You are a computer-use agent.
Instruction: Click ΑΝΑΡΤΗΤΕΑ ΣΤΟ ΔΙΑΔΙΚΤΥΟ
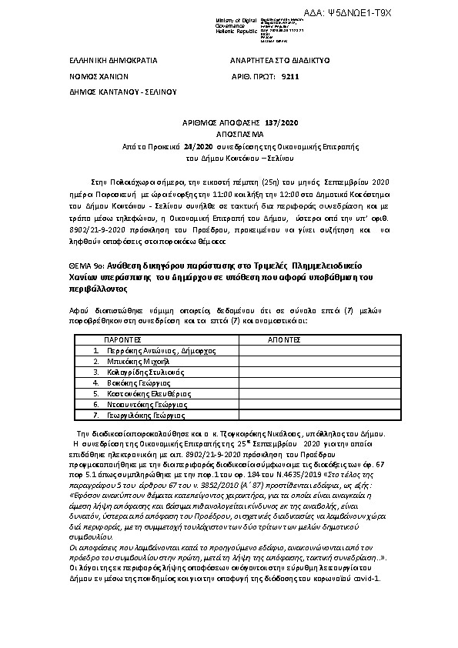[x=281, y=59]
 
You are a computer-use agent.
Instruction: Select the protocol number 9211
[x=291, y=77]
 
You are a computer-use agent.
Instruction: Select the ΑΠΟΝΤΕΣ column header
[x=283, y=339]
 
